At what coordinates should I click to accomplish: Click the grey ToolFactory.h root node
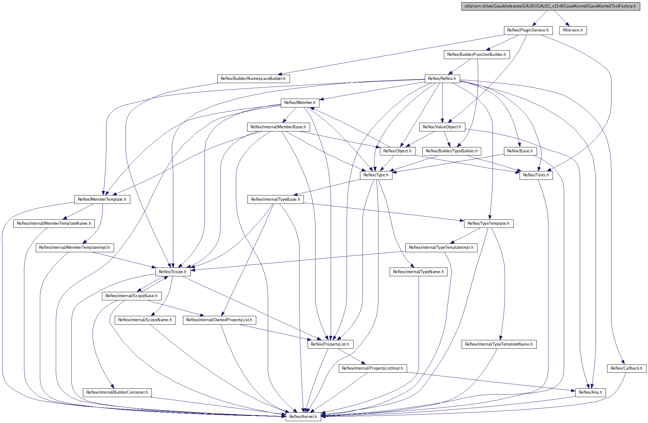(550, 6)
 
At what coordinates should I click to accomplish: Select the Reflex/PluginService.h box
(528, 30)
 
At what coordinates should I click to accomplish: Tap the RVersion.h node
(573, 30)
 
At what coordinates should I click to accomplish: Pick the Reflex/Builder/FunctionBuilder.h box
(477, 55)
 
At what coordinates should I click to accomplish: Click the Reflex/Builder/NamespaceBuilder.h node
(253, 79)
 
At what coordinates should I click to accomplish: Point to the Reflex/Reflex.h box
(442, 79)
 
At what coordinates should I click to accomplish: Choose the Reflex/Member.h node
(300, 103)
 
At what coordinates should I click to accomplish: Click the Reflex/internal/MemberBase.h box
(278, 127)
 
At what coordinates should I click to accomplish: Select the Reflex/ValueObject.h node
(442, 127)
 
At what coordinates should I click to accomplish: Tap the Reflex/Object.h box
(397, 151)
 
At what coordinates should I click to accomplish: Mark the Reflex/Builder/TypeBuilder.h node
(452, 151)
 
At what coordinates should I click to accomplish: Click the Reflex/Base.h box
(520, 151)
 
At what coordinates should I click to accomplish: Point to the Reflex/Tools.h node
(536, 175)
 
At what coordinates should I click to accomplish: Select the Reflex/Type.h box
(376, 175)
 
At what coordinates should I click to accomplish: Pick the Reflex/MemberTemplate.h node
(102, 199)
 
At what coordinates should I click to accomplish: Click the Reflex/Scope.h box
(173, 272)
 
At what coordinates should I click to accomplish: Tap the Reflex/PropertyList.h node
(330, 344)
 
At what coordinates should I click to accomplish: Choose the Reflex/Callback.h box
(626, 368)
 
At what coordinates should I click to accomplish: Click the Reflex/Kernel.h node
(303, 417)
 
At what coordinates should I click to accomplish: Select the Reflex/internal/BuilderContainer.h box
(117, 392)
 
